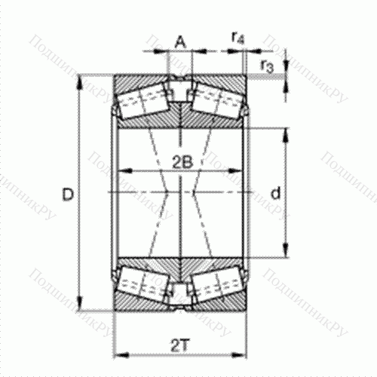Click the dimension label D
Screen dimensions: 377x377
pyautogui.click(x=68, y=195)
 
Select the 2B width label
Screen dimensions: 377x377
pyautogui.click(x=179, y=161)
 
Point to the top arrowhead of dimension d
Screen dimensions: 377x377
pyautogui.click(x=284, y=133)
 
